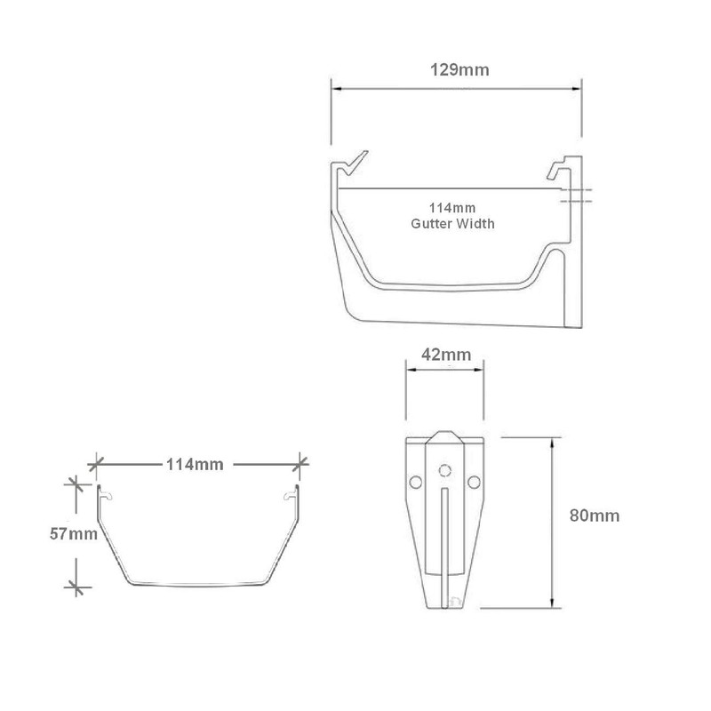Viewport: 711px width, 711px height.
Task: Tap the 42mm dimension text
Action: coord(445,355)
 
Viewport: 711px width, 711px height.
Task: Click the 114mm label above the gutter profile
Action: coord(194,464)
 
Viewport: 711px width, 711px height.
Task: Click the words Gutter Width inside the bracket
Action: coord(452,224)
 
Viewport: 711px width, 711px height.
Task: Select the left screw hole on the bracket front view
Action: coord(414,481)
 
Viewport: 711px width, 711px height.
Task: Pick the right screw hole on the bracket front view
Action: coord(474,481)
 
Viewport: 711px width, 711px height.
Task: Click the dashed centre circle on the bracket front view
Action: coord(444,468)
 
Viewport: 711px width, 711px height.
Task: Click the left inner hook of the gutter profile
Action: coord(106,494)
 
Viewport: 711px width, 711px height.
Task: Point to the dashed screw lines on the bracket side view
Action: coord(575,197)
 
